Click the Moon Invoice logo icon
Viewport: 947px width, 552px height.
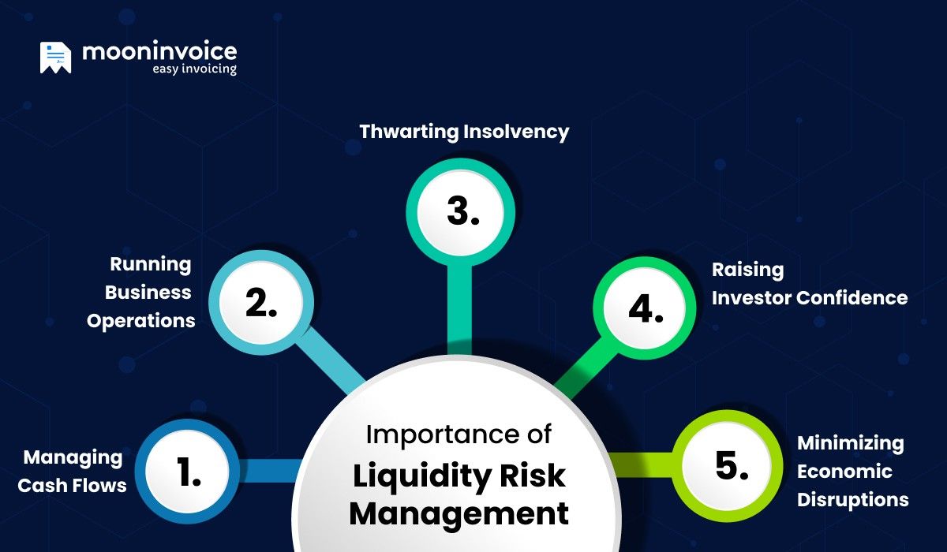click(x=55, y=58)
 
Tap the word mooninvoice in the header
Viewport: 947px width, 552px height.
click(x=159, y=52)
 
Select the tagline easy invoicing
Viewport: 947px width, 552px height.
click(x=194, y=69)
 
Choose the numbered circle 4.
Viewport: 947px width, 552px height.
click(x=645, y=309)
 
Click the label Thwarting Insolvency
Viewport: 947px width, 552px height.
click(x=464, y=131)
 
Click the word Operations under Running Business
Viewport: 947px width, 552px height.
click(x=141, y=321)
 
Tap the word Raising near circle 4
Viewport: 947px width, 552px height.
click(x=737, y=270)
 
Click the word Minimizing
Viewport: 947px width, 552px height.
click(x=850, y=442)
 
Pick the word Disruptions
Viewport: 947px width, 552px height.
click(x=852, y=500)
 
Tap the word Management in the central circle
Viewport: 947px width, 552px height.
click(x=459, y=513)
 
